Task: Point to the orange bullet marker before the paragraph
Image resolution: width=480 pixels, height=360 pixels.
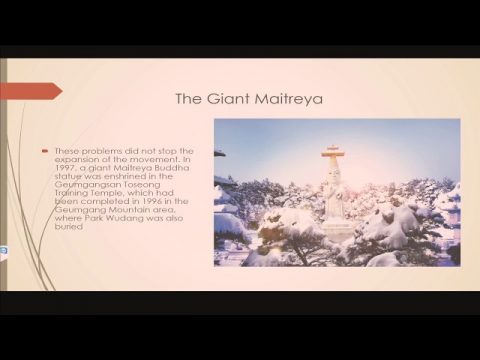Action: point(46,150)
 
